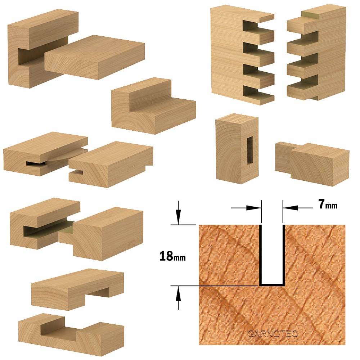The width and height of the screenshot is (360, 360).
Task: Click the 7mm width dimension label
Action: tap(328, 204)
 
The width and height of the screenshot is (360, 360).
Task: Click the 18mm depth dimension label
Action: tap(172, 256)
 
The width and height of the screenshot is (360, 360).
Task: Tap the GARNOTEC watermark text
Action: tap(273, 334)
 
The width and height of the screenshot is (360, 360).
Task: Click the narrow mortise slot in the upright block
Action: tap(250, 151)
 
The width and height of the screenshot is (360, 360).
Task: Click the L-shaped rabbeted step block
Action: tap(153, 106)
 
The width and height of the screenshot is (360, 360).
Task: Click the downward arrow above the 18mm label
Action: tap(178, 213)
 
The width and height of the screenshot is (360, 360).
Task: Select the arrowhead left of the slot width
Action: tap(253, 208)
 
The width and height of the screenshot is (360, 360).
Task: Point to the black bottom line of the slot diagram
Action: tap(272, 285)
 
